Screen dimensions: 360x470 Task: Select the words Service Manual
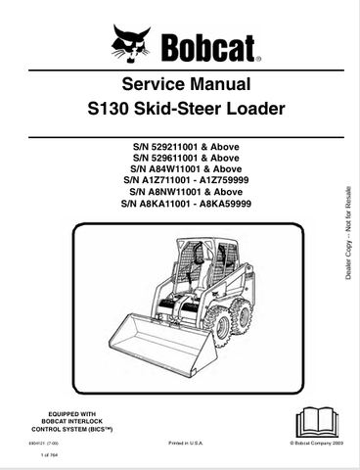point(179,84)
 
